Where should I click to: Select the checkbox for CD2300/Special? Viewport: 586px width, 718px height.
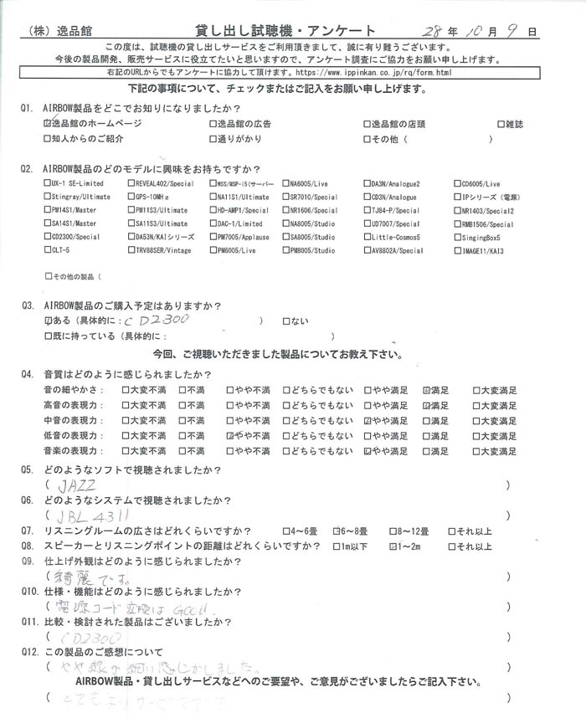[45, 237]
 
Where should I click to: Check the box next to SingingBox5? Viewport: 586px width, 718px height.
[458, 237]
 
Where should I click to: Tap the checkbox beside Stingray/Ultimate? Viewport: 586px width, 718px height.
[45, 196]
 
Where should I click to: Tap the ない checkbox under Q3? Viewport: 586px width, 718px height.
[288, 321]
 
